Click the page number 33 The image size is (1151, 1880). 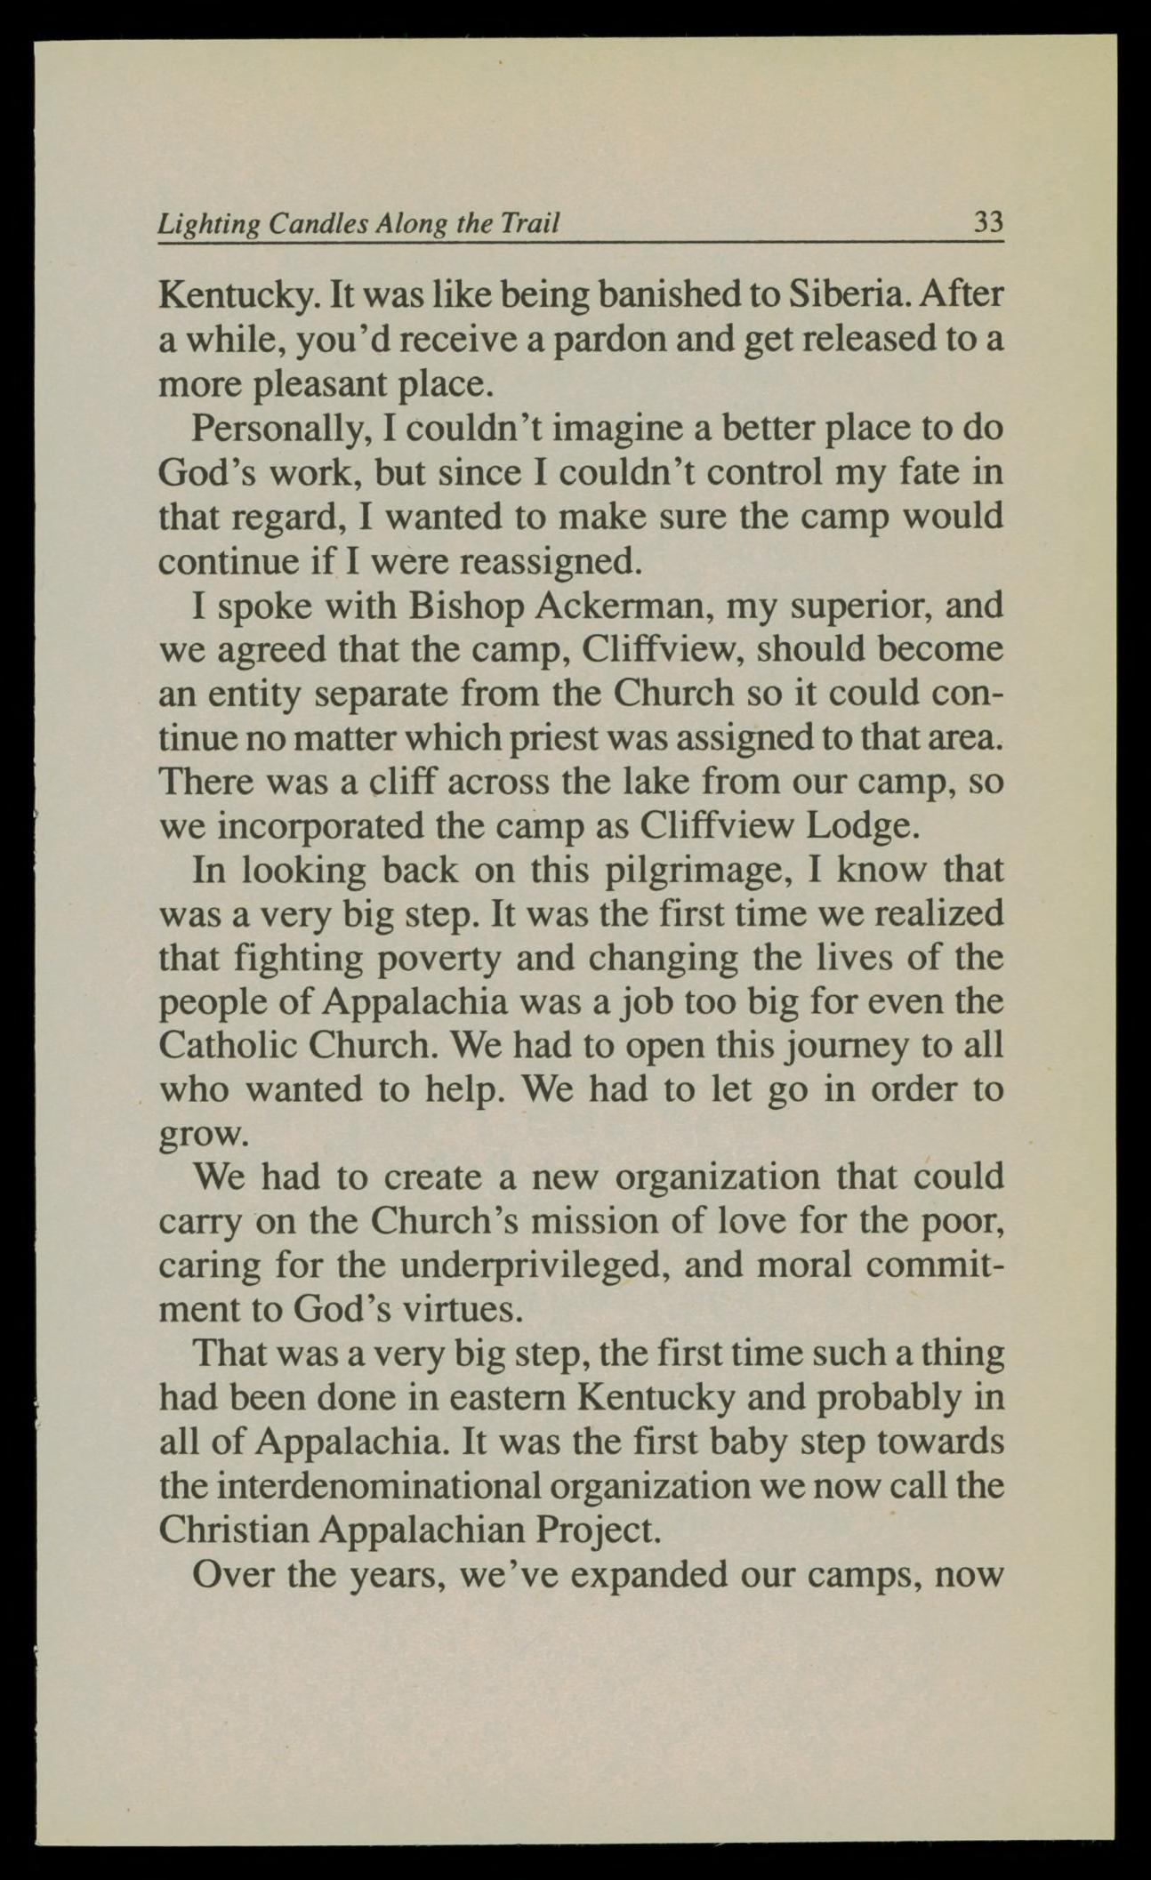coord(988,221)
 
